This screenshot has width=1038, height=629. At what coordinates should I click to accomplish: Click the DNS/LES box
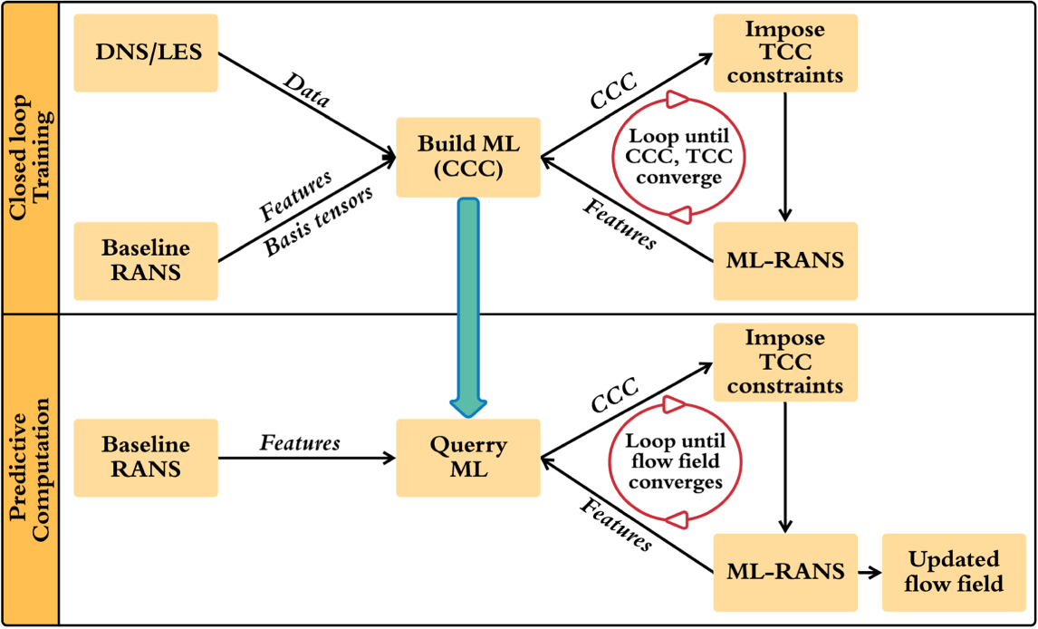pyautogui.click(x=146, y=53)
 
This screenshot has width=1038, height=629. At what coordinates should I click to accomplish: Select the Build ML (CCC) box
pyautogui.click(x=468, y=157)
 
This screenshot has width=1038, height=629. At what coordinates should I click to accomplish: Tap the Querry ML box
pyautogui.click(x=468, y=458)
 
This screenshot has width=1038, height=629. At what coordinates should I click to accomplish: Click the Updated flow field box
pyautogui.click(x=954, y=571)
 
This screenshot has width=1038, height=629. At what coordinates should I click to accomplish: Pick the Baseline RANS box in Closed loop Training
pyautogui.click(x=146, y=261)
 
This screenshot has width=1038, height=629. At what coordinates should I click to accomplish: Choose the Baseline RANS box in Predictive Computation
pyautogui.click(x=146, y=458)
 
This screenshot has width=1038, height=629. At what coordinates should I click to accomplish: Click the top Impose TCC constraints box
pyautogui.click(x=785, y=53)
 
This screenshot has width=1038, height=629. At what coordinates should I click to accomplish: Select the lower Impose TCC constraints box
pyautogui.click(x=785, y=363)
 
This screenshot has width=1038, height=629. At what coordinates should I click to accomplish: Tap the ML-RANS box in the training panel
pyautogui.click(x=785, y=261)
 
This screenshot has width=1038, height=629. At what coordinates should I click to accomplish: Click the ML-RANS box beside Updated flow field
pyautogui.click(x=785, y=571)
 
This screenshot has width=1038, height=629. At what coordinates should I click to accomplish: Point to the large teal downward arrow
pyautogui.click(x=468, y=308)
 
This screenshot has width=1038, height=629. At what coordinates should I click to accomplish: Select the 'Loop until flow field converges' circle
pyautogui.click(x=677, y=460)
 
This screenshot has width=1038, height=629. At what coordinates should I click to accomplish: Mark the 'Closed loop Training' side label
pyautogui.click(x=30, y=156)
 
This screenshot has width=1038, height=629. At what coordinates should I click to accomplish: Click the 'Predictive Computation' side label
pyautogui.click(x=30, y=469)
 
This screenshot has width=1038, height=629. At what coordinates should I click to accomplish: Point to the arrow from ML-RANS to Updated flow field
pyautogui.click(x=870, y=572)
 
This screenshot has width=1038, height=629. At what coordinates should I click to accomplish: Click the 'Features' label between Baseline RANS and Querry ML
pyautogui.click(x=300, y=443)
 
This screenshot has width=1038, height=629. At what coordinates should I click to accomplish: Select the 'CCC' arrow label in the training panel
pyautogui.click(x=611, y=93)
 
